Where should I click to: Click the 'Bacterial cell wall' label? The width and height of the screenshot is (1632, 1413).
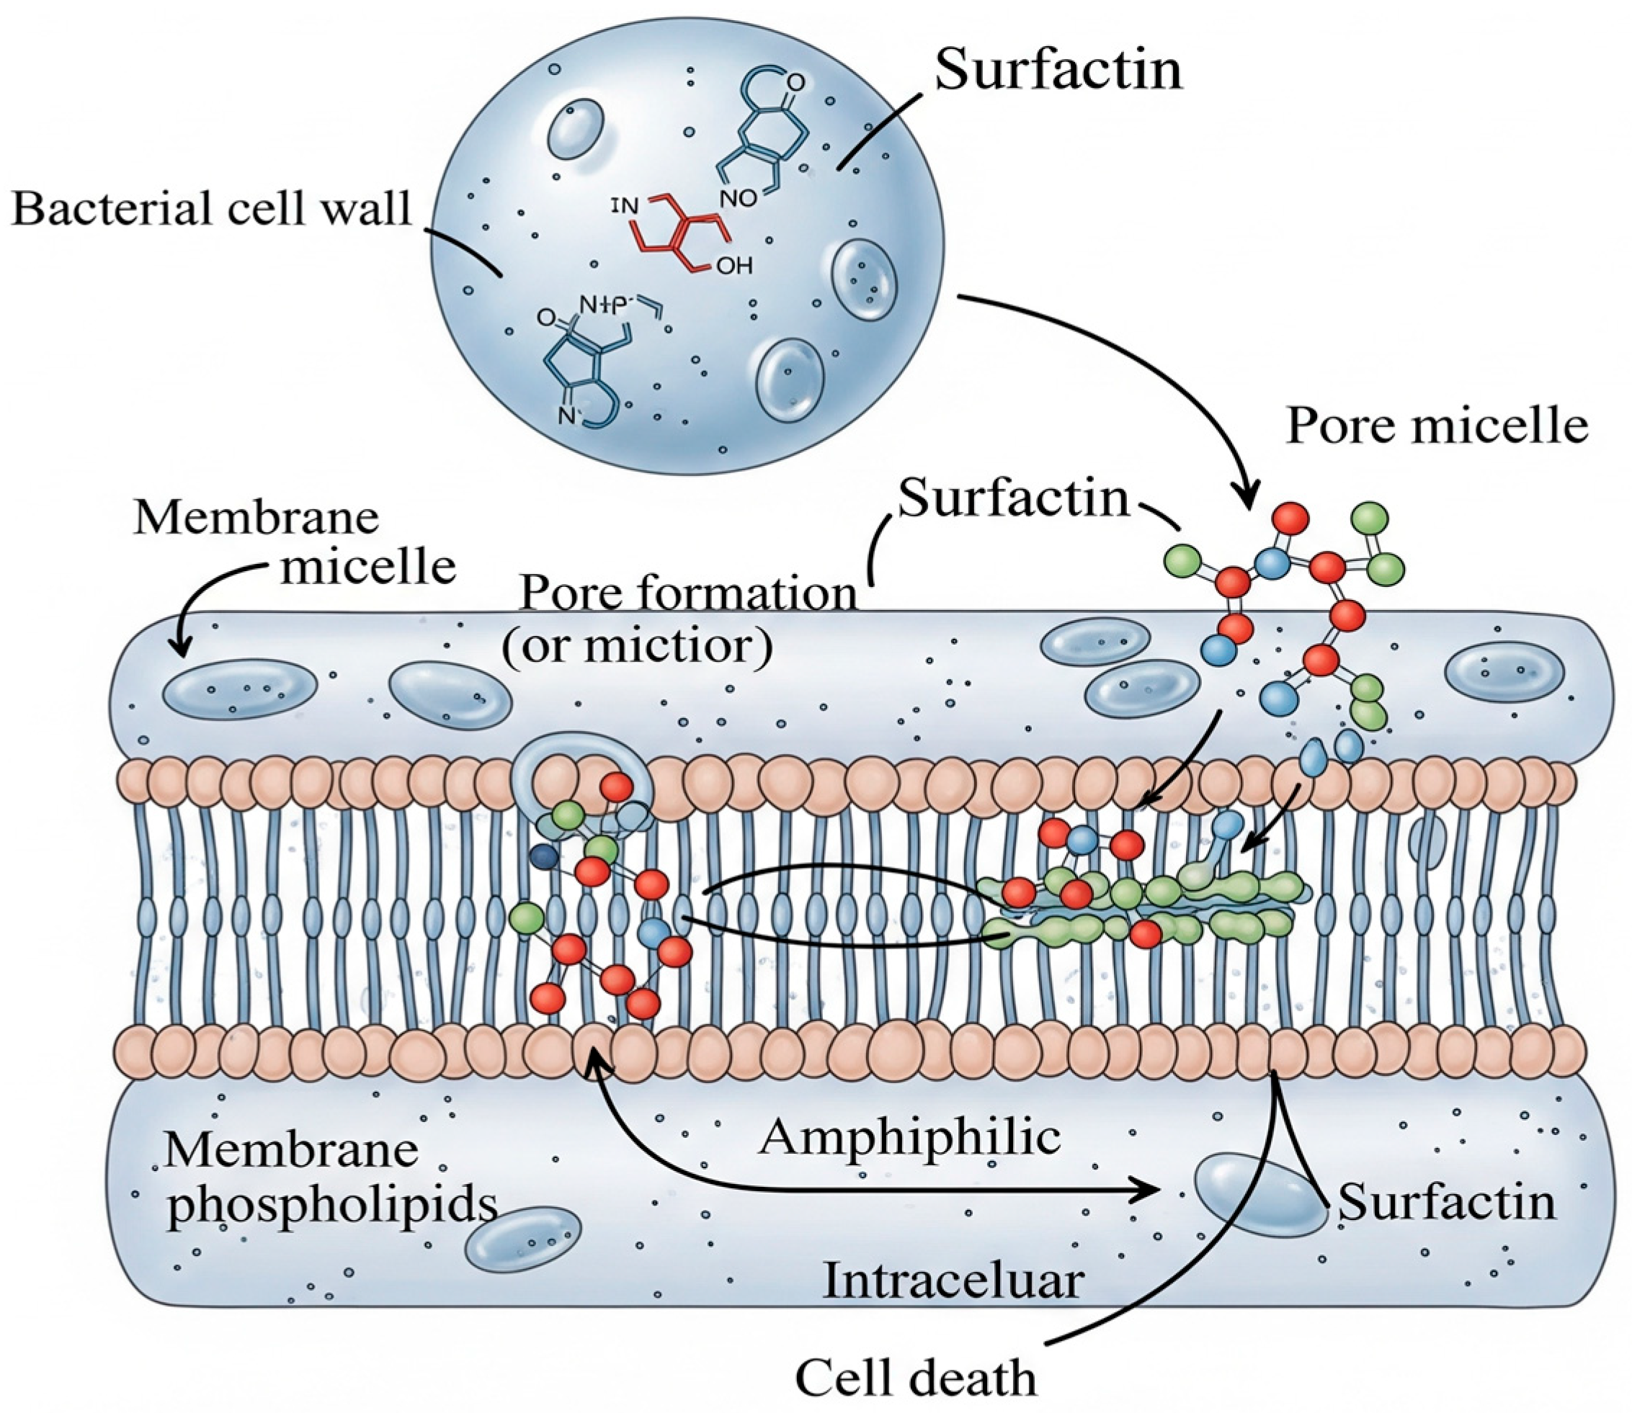pos(211,210)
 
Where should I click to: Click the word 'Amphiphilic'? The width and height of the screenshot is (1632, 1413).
pos(909,1138)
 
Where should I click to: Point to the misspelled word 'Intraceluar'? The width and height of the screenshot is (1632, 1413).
pos(953,1281)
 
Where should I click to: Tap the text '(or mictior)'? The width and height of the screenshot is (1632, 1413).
pos(638,647)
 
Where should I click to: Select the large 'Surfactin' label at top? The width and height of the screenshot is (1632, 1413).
pos(1058,69)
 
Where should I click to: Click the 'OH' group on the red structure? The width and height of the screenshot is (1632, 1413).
pos(734,266)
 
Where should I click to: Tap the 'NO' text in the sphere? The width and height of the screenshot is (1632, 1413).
pos(739,199)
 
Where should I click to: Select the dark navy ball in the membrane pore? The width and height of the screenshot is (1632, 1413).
pos(545,856)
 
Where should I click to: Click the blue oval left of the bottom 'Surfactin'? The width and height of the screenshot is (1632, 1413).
pos(1260,1196)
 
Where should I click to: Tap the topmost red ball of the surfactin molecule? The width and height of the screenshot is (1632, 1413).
pos(1291,518)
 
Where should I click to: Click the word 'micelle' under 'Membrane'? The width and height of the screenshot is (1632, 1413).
pos(368,566)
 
